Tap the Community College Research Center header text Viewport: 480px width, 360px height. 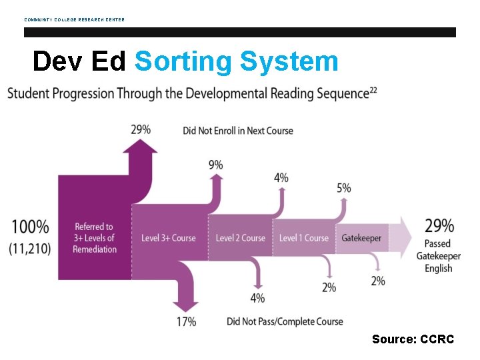tap(74, 19)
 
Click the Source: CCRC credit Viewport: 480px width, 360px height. tap(413, 339)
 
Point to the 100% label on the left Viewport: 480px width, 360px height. tap(30, 227)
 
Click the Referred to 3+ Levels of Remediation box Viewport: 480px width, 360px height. tap(95, 238)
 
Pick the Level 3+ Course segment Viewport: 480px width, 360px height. tap(169, 238)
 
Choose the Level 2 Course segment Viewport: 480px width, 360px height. tap(240, 238)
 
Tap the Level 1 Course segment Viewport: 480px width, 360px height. tap(303, 238)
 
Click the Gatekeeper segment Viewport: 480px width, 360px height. tap(361, 238)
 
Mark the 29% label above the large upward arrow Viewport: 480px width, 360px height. tap(141, 129)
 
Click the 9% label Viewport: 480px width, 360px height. tap(215, 165)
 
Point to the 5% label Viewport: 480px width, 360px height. tap(343, 189)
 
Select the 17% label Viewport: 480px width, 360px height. tap(185, 322)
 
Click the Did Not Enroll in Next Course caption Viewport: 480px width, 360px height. tap(238, 131)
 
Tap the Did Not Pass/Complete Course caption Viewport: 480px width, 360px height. tap(285, 321)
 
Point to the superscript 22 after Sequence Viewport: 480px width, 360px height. tap(373, 90)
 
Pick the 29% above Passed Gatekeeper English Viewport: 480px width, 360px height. tap(439, 226)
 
